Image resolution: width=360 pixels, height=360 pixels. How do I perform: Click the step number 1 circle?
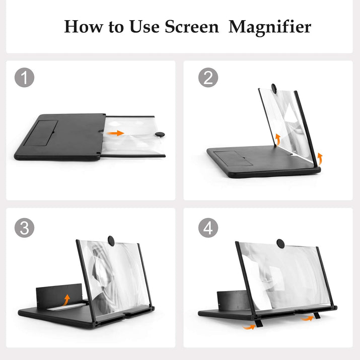(x=24, y=78)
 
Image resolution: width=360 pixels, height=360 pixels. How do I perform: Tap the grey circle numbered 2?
(x=207, y=78)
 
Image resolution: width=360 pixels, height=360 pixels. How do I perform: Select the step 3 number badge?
(x=24, y=228)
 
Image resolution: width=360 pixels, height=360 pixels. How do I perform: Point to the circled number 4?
(x=207, y=228)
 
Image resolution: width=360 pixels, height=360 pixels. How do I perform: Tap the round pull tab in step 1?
(x=161, y=134)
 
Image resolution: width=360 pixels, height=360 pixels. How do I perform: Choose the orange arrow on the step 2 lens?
(x=277, y=139)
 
